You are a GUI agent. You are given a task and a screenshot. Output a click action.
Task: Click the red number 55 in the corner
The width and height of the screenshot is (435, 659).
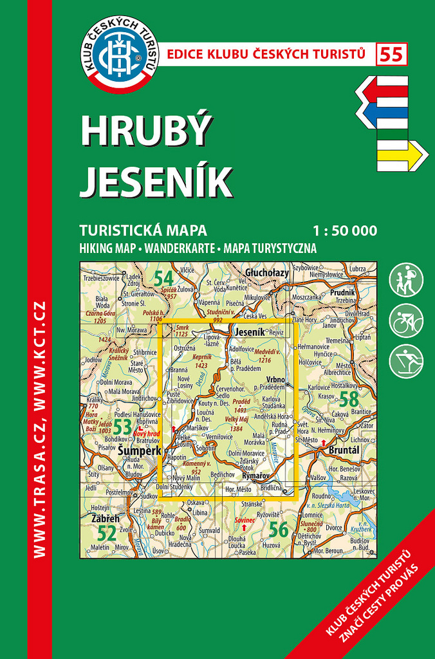[x=393, y=55]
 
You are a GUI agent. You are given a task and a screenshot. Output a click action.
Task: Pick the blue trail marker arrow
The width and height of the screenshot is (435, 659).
[x=384, y=115]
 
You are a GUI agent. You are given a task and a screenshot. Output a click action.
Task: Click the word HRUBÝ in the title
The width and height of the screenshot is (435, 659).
[x=145, y=133]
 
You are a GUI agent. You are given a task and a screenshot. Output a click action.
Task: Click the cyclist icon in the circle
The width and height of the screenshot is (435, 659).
[x=406, y=320]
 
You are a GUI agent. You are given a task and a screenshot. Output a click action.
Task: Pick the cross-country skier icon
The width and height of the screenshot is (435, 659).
[x=406, y=360]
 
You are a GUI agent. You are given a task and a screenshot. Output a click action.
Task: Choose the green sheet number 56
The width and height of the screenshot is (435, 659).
[x=278, y=530]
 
